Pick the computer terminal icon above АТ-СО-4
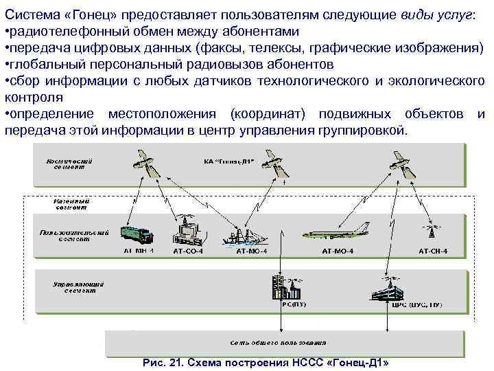pyautogui.click(x=187, y=229)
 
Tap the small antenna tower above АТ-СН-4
pyautogui.click(x=432, y=230)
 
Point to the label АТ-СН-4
pyautogui.click(x=432, y=251)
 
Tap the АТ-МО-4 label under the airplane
pyautogui.click(x=338, y=251)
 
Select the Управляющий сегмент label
pyautogui.click(x=78, y=286)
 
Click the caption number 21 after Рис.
pyautogui.click(x=186, y=362)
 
